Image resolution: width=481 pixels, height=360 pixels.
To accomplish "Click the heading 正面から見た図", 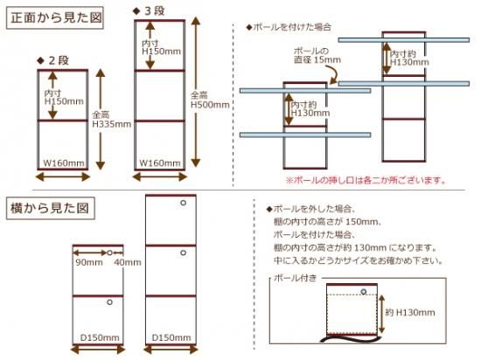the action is tap(55, 17).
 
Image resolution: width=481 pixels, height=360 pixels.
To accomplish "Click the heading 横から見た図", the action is tap(50, 208).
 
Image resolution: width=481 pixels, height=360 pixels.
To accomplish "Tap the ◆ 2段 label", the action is tap(52, 60).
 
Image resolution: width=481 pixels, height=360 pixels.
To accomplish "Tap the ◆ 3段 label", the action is tap(149, 11).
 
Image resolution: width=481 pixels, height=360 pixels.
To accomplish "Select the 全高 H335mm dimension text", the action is tap(111, 120).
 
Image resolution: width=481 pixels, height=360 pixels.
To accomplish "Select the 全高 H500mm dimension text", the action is tap(210, 100).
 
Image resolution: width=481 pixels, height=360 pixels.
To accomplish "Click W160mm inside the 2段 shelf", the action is tap(64, 163).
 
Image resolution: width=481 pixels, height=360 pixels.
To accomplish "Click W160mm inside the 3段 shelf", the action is tap(160, 163).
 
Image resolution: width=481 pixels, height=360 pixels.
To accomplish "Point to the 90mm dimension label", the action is tap(89, 262).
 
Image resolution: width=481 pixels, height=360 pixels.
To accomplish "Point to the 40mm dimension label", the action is tap(128, 262).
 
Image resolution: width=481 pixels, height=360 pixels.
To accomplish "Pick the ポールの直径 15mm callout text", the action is tap(317, 55).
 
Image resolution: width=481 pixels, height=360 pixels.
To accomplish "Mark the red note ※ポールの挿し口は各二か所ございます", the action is tap(366, 180).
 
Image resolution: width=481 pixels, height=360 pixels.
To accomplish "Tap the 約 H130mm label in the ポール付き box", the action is tap(410, 313).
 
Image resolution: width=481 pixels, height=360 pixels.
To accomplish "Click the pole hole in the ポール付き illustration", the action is tap(364, 291).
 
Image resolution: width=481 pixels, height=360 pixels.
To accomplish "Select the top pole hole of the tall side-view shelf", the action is tap(183, 203).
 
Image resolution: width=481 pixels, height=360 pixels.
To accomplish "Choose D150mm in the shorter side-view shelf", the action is tap(100, 337).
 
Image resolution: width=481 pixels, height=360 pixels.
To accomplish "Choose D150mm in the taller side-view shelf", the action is tap(171, 337).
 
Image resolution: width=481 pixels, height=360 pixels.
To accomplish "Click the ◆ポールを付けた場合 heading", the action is tap(289, 27).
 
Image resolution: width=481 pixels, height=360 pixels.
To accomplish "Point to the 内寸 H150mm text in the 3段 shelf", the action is tap(161, 47).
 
